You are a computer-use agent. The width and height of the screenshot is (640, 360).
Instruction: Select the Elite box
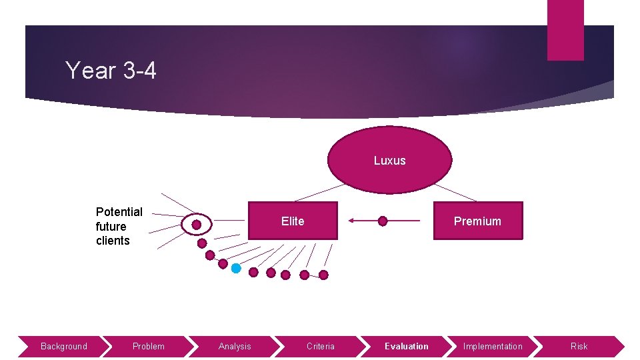tap(293, 221)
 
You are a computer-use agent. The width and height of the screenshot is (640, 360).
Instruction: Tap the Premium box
tap(477, 221)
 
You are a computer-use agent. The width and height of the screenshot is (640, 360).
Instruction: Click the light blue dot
tap(236, 268)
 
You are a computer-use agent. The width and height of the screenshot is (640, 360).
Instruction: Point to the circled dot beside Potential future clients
tap(196, 225)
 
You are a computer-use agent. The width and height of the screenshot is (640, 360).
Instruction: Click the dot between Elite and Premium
tap(383, 221)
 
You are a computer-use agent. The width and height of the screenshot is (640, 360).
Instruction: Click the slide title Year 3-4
tap(111, 70)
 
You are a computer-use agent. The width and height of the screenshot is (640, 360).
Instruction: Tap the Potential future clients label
tap(119, 226)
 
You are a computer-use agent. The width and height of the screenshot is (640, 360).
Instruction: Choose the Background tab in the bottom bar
tap(63, 346)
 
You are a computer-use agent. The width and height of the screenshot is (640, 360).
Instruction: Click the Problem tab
tap(148, 346)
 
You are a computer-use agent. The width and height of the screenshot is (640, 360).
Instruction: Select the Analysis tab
tap(235, 346)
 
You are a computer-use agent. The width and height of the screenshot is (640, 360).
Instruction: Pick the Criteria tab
tap(321, 346)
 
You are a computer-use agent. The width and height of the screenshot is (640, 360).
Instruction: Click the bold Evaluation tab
tap(407, 346)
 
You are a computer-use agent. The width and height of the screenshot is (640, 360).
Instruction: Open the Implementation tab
tap(493, 346)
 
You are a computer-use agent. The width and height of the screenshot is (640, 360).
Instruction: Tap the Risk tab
tap(579, 346)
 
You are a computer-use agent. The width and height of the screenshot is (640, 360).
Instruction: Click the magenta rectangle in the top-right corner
tap(565, 30)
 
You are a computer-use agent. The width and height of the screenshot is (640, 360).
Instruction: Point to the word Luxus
tap(389, 161)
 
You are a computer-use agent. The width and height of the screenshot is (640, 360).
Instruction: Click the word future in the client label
tap(111, 226)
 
